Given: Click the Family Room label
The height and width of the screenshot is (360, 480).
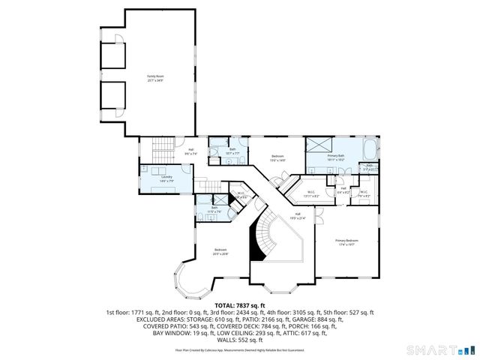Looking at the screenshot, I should point(154,78).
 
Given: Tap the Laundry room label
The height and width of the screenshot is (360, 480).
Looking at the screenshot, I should point(166,178).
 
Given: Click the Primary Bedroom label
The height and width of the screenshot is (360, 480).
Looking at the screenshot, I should point(346,241).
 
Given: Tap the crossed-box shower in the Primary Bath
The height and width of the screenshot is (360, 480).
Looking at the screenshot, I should point(318,145).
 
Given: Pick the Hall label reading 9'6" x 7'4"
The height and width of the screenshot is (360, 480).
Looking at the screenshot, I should point(192,151).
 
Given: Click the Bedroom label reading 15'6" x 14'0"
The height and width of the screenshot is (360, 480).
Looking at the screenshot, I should point(277,158).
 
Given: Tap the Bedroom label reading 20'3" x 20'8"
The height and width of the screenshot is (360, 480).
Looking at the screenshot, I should point(220,252).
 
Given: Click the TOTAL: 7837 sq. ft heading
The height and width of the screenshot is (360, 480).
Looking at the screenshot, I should point(239,305).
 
